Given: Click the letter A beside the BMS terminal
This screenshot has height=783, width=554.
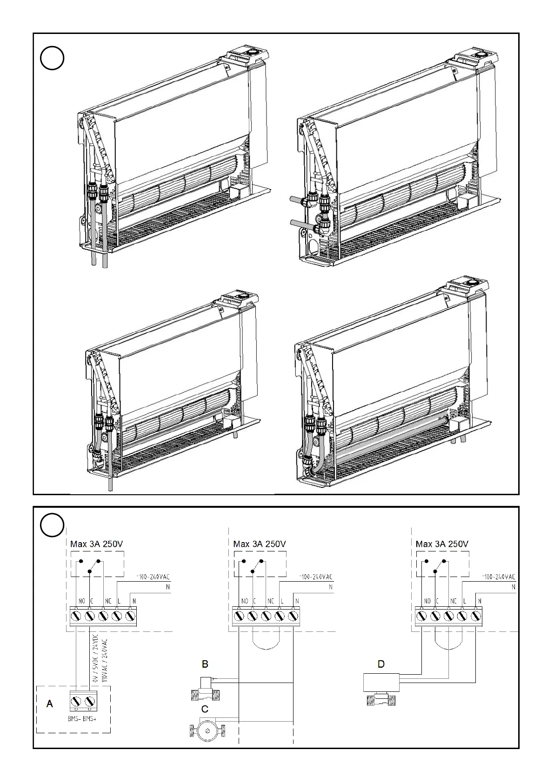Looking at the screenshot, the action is click(x=50, y=704).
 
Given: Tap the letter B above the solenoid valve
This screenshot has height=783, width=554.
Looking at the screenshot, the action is click(x=205, y=664).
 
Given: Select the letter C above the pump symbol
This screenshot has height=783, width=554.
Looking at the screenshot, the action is click(x=205, y=709).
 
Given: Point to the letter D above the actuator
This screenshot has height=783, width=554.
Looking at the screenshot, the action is click(x=381, y=664).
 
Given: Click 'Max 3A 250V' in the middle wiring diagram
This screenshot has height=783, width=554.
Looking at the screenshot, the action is click(x=260, y=544).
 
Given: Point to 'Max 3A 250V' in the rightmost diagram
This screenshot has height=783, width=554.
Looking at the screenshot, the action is click(x=442, y=544).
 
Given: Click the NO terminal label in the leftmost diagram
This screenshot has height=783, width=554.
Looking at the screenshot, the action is click(x=82, y=601).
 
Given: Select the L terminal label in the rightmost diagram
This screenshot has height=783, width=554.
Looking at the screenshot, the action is click(x=465, y=601).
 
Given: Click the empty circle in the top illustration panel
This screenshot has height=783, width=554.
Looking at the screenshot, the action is click(x=52, y=58).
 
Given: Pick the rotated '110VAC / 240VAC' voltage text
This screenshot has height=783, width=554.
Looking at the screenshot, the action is click(x=104, y=660).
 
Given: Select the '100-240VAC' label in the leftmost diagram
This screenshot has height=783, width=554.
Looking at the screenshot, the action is click(x=153, y=577).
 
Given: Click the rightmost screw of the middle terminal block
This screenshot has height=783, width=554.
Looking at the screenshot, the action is click(x=293, y=616).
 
